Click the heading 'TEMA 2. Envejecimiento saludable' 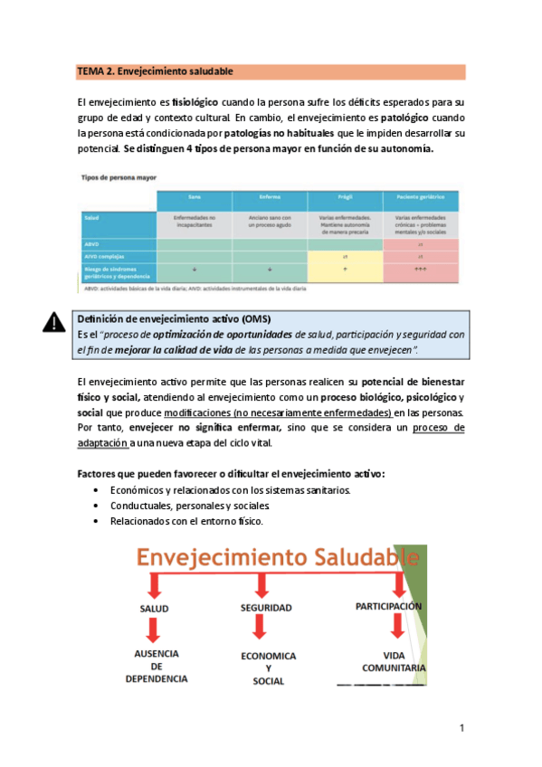point(156,71)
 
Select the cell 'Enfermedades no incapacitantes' point(194,222)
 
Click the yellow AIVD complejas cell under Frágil point(345,256)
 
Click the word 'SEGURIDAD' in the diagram point(264,610)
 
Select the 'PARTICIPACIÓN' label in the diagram point(388,606)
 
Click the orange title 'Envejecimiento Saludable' point(267,557)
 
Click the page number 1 point(461,728)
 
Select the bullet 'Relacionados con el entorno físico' point(185,522)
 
